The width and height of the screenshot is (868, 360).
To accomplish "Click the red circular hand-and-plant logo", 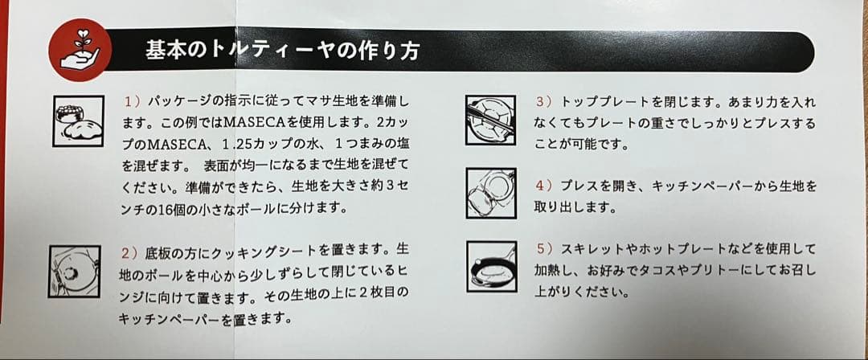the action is coord(80,50).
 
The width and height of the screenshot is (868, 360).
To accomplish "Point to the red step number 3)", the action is coord(546,103).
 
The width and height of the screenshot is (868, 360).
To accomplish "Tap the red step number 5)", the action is coord(546,249).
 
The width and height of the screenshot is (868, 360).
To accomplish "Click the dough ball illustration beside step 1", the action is coord(78,121).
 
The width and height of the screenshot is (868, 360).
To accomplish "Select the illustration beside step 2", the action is coord(75,272).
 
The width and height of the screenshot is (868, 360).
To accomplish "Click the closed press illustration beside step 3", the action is coord(491,121).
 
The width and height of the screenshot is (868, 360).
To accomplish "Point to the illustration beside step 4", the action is coord(491,194).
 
